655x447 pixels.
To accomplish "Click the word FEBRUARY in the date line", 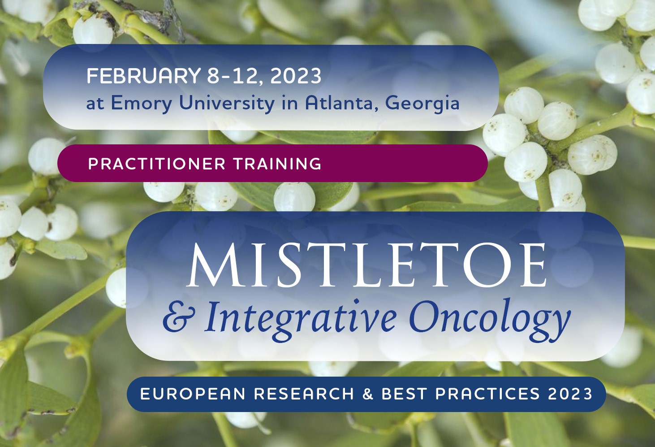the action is [143, 76].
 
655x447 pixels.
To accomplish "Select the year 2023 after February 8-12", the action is [296, 76].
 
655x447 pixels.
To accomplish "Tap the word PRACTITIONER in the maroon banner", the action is [157, 163].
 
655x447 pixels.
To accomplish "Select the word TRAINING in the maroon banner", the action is [277, 163].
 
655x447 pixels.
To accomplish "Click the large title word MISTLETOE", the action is [366, 265].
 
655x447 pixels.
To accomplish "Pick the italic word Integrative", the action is [300, 320].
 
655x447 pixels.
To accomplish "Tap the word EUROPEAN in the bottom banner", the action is [193, 394].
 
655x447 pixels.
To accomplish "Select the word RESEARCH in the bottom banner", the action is [304, 394].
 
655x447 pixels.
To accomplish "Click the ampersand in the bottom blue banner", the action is [368, 394].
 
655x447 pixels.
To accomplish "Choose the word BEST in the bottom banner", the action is [404, 394].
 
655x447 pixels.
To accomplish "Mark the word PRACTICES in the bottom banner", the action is [487, 394].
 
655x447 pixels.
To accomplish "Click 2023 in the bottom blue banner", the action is [570, 394].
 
